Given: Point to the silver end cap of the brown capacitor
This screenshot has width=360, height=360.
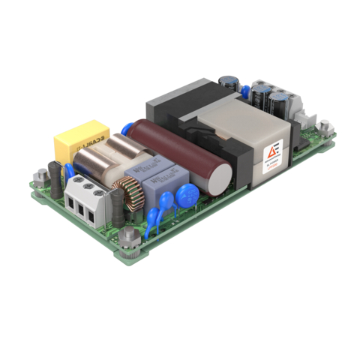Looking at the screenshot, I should click(x=220, y=178).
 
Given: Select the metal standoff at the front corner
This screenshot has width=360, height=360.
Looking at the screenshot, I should click(x=124, y=241).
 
